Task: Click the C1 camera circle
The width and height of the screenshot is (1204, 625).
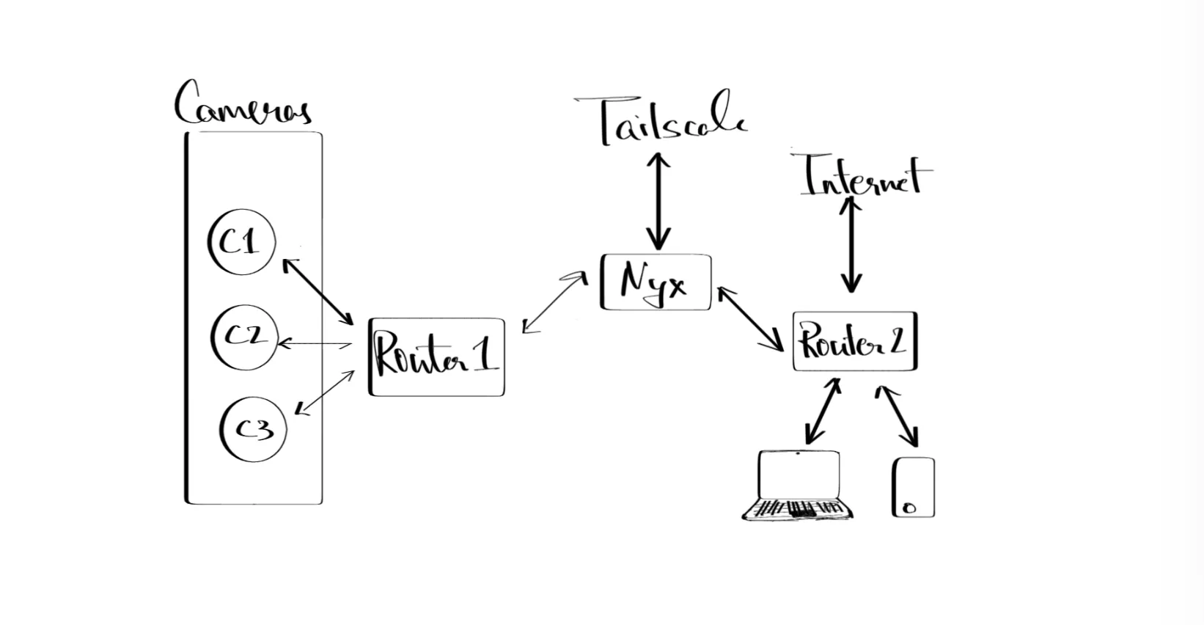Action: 241,242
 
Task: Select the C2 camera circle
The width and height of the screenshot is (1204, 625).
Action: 244,337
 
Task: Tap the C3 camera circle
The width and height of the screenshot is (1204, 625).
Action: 253,429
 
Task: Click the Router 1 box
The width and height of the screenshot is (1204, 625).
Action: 436,357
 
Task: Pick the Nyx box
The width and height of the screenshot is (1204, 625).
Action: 656,282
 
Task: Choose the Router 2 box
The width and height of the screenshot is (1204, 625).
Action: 854,342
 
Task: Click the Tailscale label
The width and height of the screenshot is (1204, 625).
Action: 670,121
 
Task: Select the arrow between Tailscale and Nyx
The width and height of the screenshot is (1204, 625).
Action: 658,201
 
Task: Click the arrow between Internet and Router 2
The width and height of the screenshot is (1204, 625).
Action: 851,245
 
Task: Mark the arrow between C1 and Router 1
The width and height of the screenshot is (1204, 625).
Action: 318,291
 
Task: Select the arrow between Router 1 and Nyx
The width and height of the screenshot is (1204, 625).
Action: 554,303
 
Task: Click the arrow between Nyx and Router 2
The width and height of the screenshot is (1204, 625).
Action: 749,318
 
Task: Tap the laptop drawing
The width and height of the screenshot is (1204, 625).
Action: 799,486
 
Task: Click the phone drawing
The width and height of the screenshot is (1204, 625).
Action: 914,487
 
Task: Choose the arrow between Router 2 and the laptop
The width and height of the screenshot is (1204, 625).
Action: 823,412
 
